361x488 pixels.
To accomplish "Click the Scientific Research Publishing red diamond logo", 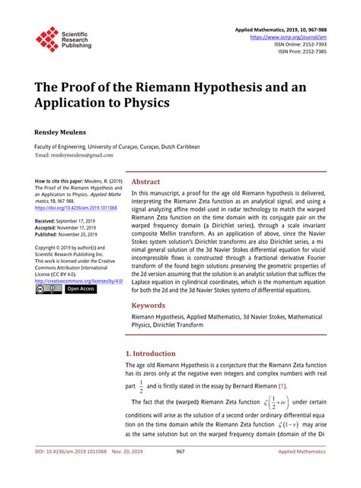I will (x=47, y=40).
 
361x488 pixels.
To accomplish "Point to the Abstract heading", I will (x=146, y=182).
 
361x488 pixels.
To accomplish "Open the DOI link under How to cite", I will (x=75, y=208).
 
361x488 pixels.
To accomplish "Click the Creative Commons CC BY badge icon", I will (x=47, y=289).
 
